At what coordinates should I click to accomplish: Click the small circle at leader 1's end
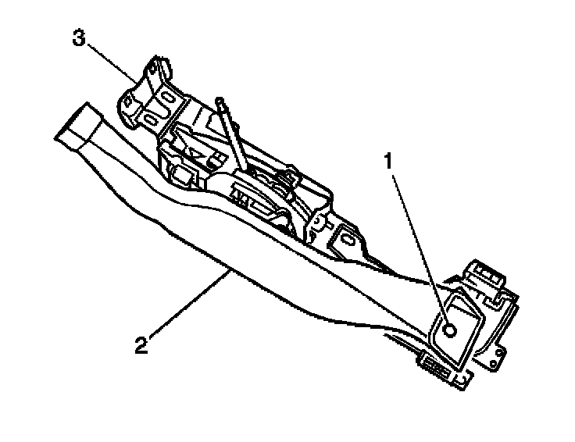click(450, 330)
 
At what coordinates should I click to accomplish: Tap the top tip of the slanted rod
click(221, 100)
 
